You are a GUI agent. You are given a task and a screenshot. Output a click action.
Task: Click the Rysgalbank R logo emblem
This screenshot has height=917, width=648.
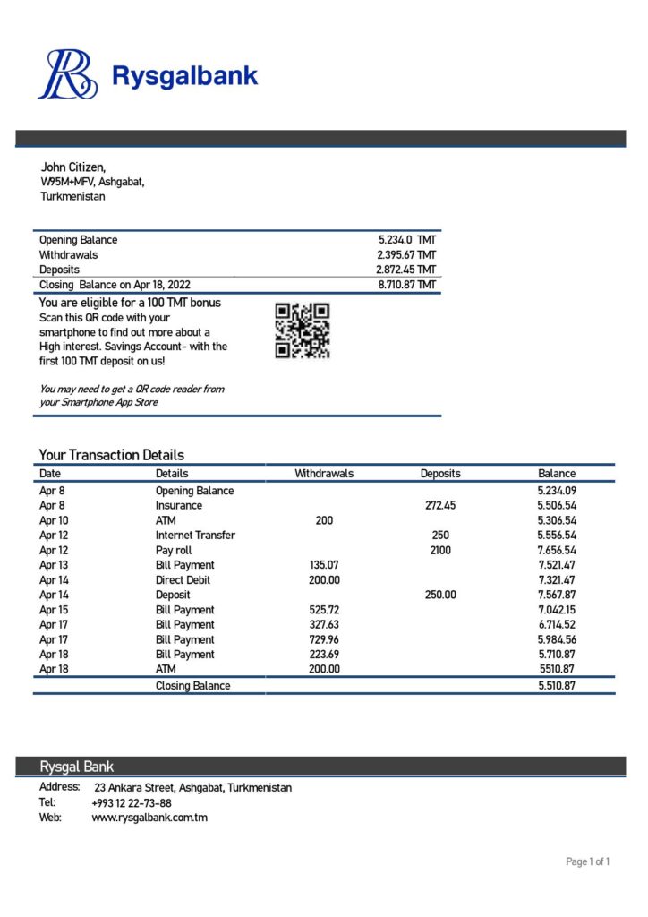67,74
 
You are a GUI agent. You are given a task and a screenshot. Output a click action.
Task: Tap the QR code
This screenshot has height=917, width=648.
303,330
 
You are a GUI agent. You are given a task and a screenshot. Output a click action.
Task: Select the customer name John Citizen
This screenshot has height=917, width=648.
73,167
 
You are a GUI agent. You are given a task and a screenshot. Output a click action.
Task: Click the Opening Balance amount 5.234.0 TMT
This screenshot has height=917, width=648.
407,240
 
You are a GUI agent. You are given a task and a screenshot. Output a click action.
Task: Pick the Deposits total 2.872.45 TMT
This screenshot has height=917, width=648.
405,270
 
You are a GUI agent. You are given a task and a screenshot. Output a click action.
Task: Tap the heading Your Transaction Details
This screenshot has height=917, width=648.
112,455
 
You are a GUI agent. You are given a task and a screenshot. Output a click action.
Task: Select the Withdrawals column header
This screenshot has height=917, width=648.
324,474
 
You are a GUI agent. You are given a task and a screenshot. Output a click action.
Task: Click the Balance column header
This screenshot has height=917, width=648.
557,474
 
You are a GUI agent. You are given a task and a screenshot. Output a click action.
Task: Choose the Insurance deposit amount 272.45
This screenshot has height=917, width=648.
439,506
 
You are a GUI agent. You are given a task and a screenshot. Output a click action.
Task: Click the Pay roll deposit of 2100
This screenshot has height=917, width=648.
439,551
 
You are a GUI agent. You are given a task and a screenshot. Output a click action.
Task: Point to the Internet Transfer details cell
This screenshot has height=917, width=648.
195,536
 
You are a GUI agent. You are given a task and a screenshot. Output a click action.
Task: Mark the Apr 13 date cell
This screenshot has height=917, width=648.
53,565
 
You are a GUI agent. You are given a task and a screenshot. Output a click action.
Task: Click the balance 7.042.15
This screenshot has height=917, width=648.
557,610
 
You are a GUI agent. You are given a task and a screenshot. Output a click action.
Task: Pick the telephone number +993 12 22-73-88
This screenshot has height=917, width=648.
132,803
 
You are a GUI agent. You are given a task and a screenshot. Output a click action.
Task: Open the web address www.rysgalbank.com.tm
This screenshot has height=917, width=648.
149,818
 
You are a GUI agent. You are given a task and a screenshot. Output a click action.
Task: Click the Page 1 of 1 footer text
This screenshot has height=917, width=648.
588,862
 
